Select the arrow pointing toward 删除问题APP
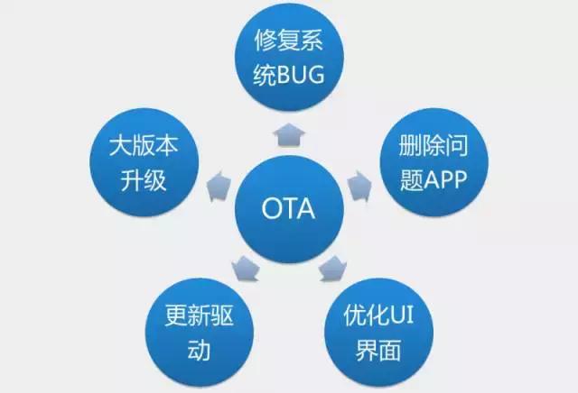360,187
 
